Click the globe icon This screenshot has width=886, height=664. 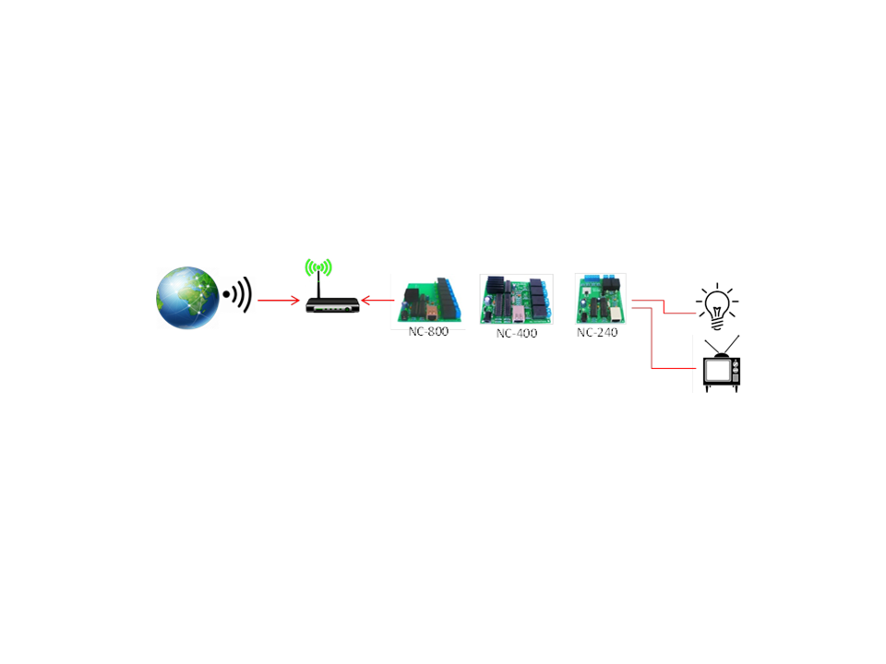[187, 298]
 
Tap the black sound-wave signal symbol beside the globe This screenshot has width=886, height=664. [237, 294]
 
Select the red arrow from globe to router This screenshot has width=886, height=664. [279, 300]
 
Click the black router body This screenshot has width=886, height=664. [332, 305]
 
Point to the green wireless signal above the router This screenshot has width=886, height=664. [318, 267]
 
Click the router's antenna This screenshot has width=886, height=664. [318, 285]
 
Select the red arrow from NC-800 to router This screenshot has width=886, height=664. [377, 300]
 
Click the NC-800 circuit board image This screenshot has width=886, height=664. [429, 300]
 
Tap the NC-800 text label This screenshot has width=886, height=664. [428, 331]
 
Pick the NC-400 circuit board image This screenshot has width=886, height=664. [517, 299]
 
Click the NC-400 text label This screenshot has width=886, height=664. [517, 333]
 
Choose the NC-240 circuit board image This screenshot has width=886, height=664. [600, 299]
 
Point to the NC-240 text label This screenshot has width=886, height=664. [597, 333]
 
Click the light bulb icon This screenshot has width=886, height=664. [717, 306]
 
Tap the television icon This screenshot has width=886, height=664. [722, 363]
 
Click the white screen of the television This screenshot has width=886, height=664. [718, 371]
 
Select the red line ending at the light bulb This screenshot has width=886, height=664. [664, 306]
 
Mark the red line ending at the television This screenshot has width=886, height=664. [653, 338]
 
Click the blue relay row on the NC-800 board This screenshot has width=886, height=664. [453, 300]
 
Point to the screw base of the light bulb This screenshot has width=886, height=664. [717, 324]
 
